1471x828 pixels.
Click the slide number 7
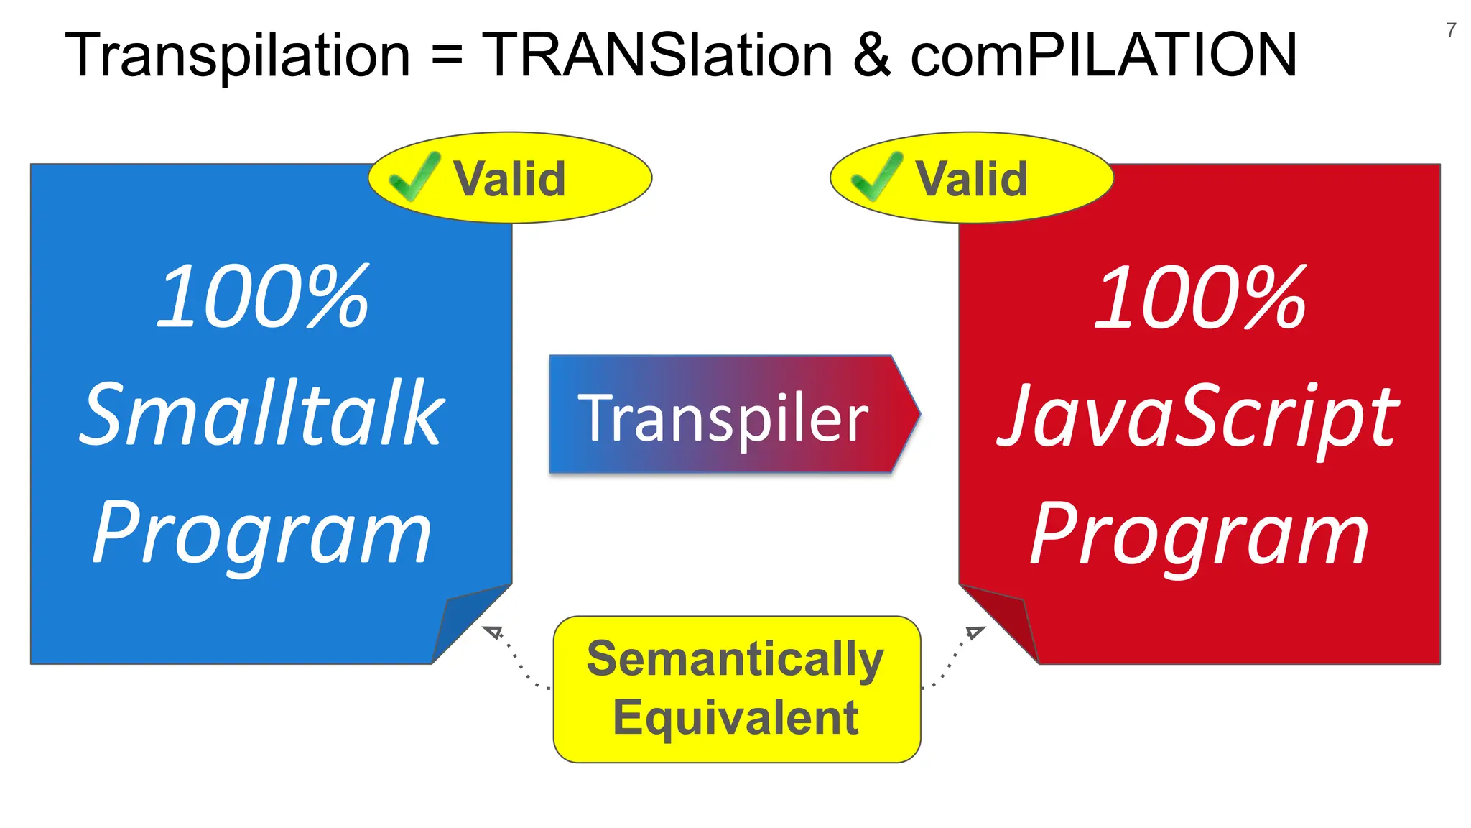[x=1451, y=30]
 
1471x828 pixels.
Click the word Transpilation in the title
[x=238, y=55]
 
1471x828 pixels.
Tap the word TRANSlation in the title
[x=657, y=55]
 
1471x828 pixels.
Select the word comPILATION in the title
[x=1103, y=55]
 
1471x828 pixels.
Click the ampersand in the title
[x=872, y=55]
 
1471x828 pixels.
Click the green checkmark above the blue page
[x=414, y=177]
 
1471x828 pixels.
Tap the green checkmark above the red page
[x=876, y=177]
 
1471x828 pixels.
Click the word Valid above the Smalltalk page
[x=509, y=178]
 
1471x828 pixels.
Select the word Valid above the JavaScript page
[x=971, y=178]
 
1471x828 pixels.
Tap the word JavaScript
[x=1198, y=417]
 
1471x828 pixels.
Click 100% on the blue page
[x=262, y=296]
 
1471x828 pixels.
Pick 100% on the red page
[x=1199, y=296]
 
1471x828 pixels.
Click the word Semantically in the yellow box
[x=735, y=658]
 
